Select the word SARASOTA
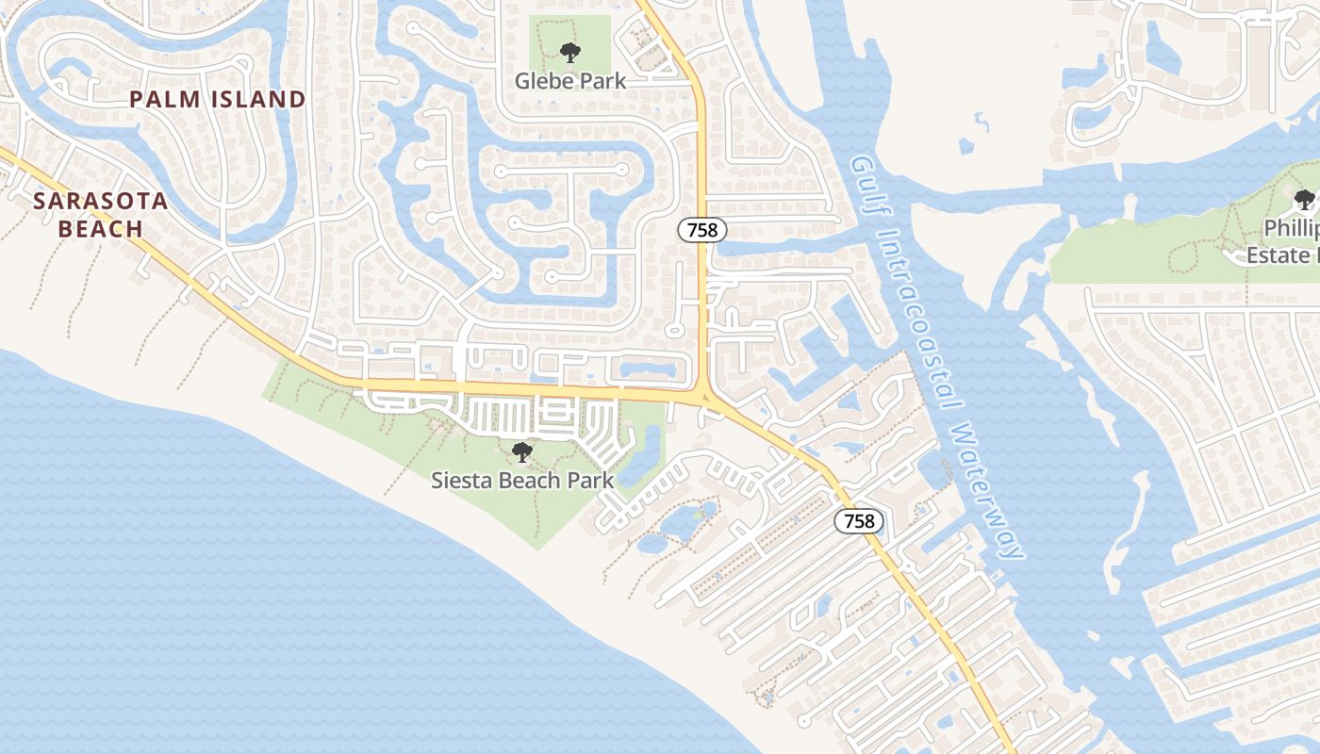[x=100, y=201]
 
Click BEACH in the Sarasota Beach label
[x=100, y=228]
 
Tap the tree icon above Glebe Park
[x=569, y=53]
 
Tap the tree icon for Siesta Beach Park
[x=521, y=452]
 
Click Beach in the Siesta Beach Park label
[x=532, y=480]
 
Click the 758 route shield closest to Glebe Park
[x=701, y=229]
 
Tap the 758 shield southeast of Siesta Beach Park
[x=859, y=521]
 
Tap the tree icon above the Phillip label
[x=1304, y=199]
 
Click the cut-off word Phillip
[x=1291, y=228]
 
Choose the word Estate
[x=1278, y=254]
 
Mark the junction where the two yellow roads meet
[x=704, y=394]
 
